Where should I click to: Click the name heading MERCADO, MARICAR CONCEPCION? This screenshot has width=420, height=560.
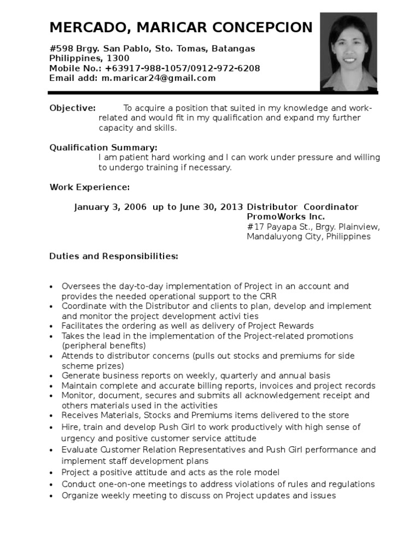[181, 27]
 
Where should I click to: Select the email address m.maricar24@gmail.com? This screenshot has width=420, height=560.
[159, 78]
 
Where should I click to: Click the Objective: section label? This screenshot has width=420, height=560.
[73, 108]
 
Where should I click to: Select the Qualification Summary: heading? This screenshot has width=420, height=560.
[103, 148]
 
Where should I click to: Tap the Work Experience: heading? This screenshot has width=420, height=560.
[90, 188]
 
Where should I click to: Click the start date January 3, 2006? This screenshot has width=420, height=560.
[111, 207]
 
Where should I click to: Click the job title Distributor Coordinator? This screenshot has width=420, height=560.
[303, 207]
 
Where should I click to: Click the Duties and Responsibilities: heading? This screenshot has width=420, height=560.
[114, 256]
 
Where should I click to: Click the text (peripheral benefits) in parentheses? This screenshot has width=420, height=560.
[103, 346]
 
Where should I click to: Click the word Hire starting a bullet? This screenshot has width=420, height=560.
[70, 427]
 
